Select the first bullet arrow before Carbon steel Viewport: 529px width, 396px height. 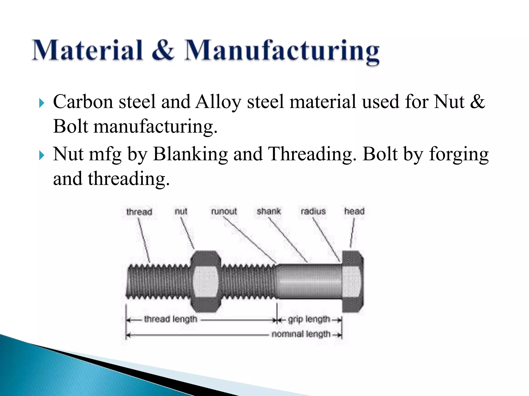click(x=42, y=103)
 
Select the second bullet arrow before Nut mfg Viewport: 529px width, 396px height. click(x=42, y=155)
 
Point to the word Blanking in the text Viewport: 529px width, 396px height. click(x=190, y=154)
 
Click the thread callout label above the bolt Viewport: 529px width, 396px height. click(x=139, y=212)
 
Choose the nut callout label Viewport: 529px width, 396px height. click(x=181, y=211)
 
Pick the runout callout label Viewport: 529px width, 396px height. click(x=224, y=211)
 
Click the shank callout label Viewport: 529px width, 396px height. click(x=269, y=211)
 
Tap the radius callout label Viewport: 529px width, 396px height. click(x=313, y=211)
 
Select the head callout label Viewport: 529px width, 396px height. click(x=354, y=211)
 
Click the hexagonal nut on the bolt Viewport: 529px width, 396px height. click(x=206, y=281)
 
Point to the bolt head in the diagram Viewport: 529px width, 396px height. click(x=353, y=281)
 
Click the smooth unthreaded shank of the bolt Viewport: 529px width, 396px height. click(x=309, y=281)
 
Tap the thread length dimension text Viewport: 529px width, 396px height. click(x=171, y=319)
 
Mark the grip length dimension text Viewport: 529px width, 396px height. click(x=309, y=319)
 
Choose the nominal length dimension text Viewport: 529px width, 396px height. click(x=301, y=334)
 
